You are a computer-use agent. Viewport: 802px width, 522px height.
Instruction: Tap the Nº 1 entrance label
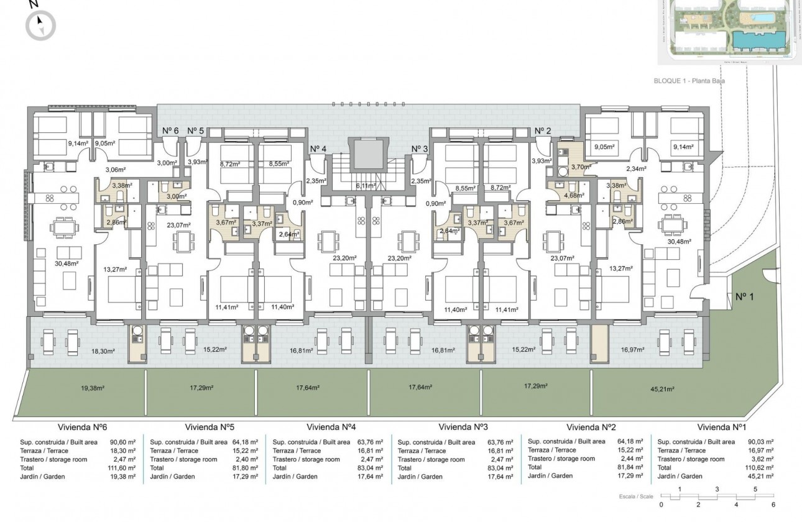click(x=744, y=297)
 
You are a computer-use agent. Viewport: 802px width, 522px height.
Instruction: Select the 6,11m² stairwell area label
click(x=365, y=185)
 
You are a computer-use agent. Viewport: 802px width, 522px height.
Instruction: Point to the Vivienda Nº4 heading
click(x=331, y=427)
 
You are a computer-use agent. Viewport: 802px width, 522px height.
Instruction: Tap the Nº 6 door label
click(x=170, y=130)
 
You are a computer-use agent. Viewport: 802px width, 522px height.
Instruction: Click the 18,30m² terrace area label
click(x=103, y=351)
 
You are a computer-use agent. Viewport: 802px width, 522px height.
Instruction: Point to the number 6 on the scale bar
click(x=773, y=505)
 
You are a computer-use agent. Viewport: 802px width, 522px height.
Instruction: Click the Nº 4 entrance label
click(x=318, y=149)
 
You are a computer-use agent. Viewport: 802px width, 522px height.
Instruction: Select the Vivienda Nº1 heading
click(x=721, y=427)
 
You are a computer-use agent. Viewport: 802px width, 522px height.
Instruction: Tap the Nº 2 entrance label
click(x=543, y=130)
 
